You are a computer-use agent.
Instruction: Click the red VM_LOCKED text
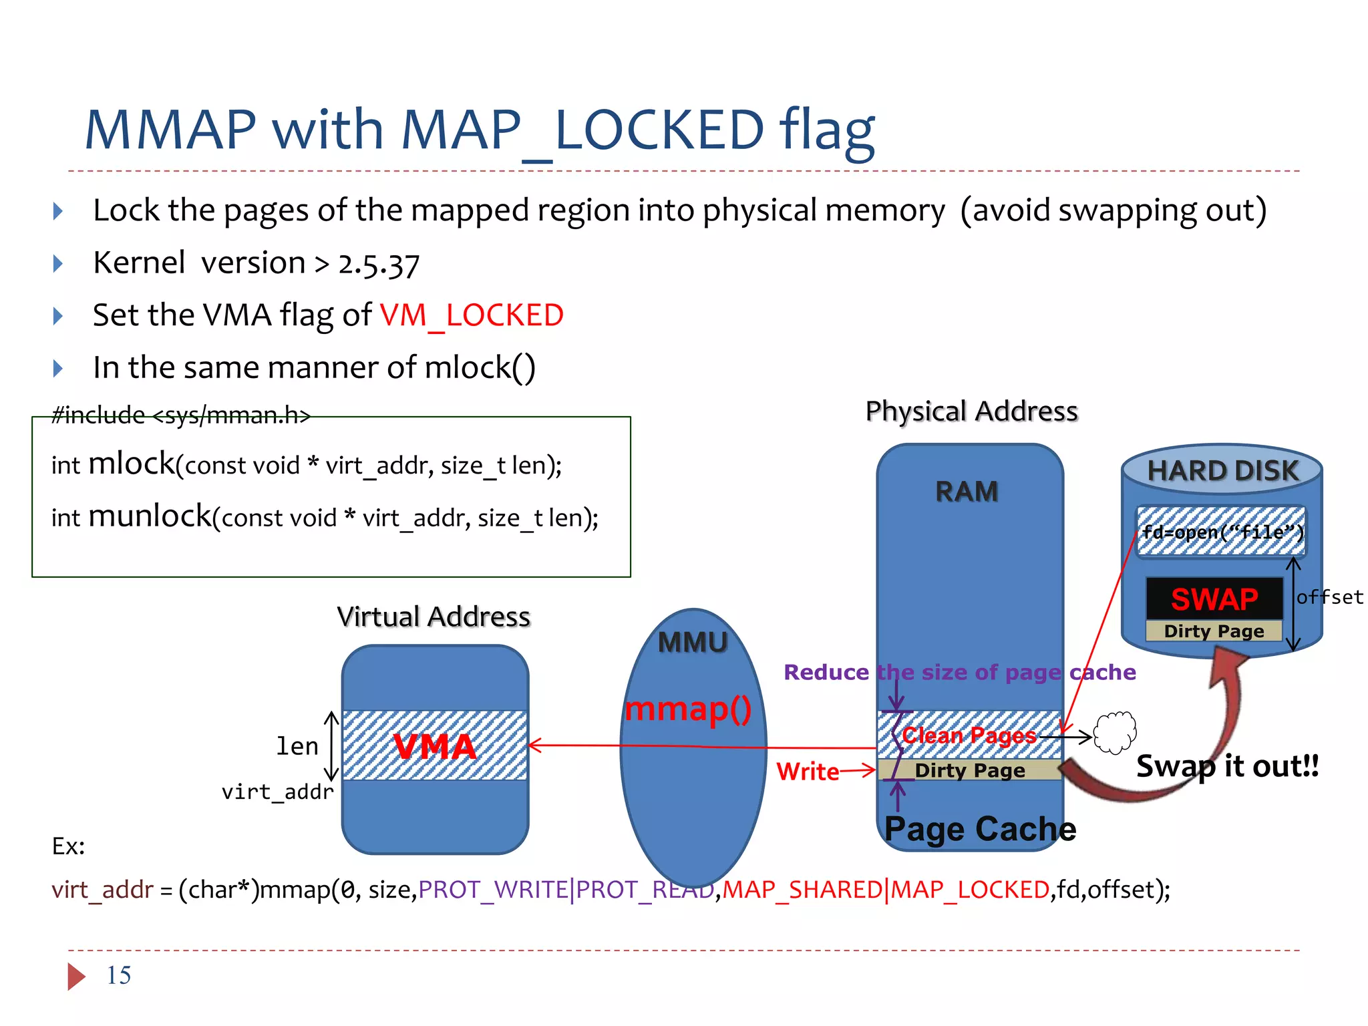coord(472,315)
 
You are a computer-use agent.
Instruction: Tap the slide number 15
coord(119,975)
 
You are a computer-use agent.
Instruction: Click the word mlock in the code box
coord(132,464)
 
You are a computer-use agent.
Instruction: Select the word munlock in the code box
coord(150,516)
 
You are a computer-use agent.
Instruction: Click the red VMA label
coord(435,746)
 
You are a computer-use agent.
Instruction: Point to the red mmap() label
coord(688,709)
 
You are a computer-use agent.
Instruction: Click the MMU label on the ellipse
coord(693,643)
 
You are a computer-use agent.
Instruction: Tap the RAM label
coord(967,492)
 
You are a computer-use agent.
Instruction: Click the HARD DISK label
coord(1222,471)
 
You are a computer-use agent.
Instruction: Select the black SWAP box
coord(1214,598)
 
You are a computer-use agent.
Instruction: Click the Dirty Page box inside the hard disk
coord(1214,631)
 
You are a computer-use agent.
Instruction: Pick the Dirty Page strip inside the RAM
coord(969,770)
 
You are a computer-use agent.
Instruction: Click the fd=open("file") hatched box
coord(1222,532)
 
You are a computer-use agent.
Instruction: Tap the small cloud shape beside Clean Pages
coord(1115,732)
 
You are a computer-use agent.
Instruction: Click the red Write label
coord(808,772)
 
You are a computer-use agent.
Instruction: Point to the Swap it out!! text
coord(1227,766)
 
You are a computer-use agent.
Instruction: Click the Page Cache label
coord(980,829)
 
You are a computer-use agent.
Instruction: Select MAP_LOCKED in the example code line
coord(970,890)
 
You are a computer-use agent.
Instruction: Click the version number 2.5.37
coord(379,265)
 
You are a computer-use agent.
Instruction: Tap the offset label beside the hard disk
coord(1329,597)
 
